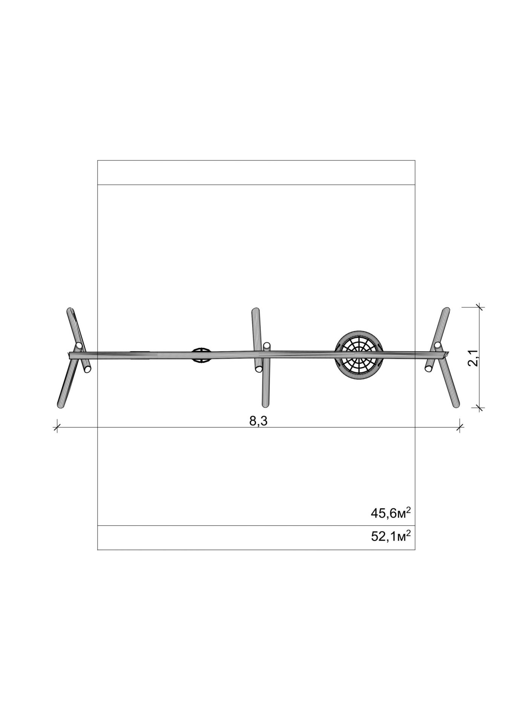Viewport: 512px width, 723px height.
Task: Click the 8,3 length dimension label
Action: (258, 421)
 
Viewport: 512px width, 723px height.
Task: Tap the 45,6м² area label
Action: (391, 513)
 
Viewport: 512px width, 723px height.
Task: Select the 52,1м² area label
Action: (391, 536)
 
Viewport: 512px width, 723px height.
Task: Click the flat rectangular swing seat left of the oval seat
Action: (140, 354)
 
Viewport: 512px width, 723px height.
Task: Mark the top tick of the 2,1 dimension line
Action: (480, 307)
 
